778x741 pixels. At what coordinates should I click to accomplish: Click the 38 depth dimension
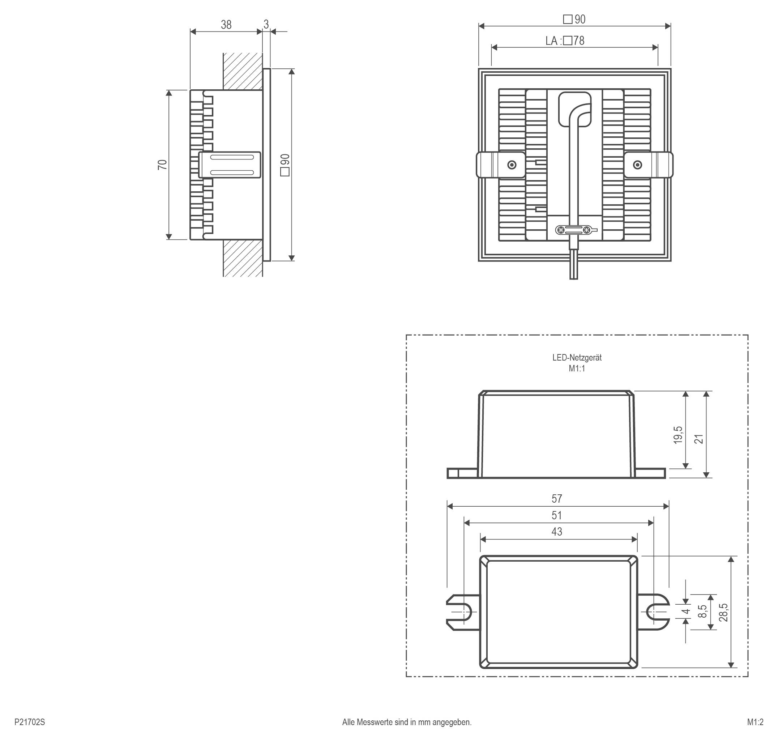[x=226, y=25]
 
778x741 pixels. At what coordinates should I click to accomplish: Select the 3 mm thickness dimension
[x=266, y=25]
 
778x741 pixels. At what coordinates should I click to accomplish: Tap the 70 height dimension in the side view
[x=162, y=165]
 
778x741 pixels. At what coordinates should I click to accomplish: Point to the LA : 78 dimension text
[x=565, y=41]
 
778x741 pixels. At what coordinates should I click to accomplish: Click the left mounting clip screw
[x=512, y=165]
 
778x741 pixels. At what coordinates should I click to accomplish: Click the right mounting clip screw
[x=637, y=165]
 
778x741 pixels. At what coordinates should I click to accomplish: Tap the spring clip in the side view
[x=230, y=165]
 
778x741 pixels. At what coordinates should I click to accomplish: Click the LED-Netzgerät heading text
[x=577, y=357]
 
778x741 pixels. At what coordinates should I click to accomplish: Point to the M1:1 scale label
[x=577, y=369]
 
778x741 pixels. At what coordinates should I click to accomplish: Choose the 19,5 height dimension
[x=678, y=435]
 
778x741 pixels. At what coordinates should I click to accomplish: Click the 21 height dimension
[x=699, y=439]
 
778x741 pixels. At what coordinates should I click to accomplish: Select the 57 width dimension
[x=556, y=499]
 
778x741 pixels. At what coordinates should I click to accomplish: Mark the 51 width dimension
[x=556, y=515]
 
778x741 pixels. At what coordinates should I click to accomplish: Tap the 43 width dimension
[x=556, y=532]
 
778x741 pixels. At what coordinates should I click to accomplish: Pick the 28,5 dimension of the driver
[x=723, y=613]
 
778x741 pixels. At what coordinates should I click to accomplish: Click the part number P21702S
[x=30, y=722]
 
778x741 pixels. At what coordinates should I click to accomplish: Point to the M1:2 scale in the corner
[x=755, y=722]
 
